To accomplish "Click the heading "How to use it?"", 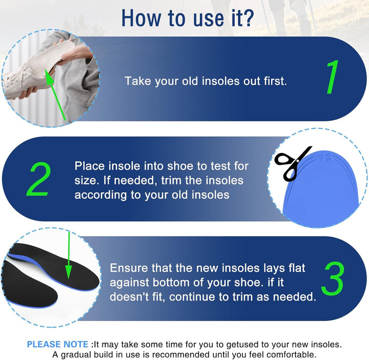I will (x=187, y=18).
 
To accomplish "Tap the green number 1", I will (x=333, y=78).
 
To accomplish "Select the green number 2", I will (x=38, y=180).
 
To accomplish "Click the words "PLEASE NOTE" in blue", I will (x=58, y=345).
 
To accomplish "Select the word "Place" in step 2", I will (x=90, y=166).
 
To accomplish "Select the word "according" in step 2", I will (x=98, y=195).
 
